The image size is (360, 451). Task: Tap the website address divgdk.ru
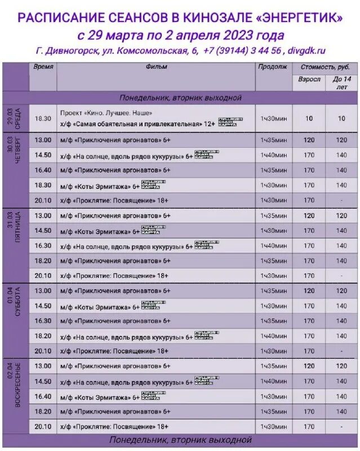point(306,51)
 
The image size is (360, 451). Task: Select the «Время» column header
point(43,67)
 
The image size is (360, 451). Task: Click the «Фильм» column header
point(156,67)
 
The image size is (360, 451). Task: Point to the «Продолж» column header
point(273,67)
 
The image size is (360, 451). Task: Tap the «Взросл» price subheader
point(309,79)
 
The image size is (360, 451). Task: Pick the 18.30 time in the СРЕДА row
point(43,119)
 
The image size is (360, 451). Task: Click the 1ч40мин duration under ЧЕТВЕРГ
point(273,155)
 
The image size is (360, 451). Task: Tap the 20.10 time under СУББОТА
point(43,351)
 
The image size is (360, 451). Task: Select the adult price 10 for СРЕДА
point(309,119)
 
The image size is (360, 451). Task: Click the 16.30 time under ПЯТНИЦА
point(43,246)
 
